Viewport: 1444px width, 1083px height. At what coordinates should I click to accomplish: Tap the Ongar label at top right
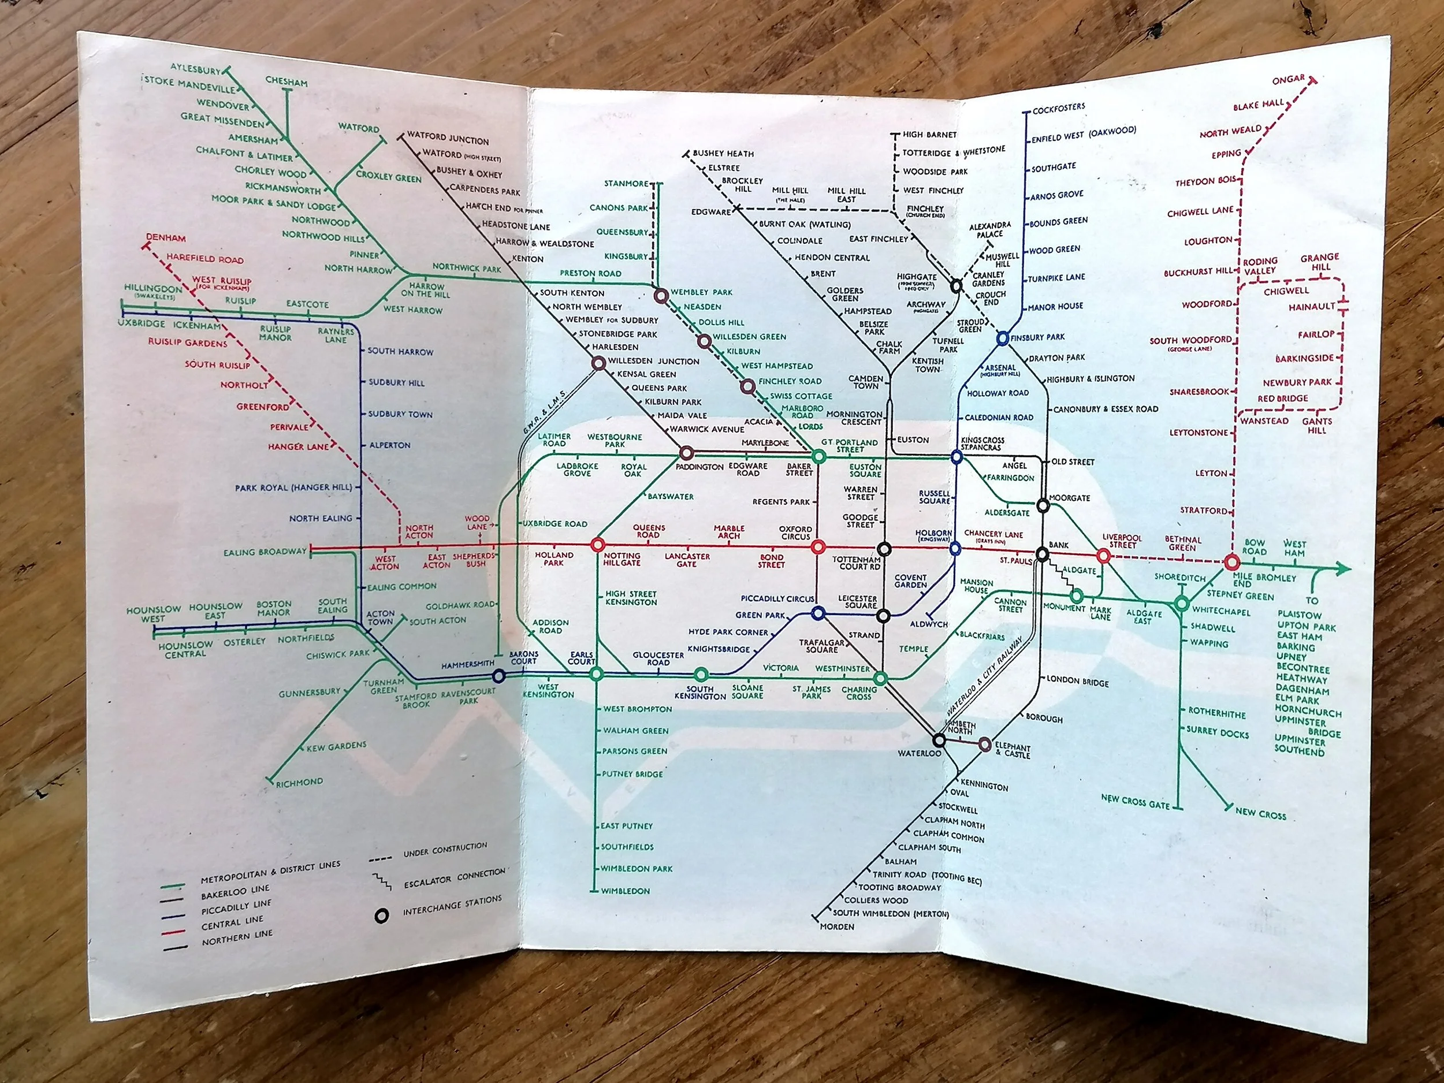(1288, 81)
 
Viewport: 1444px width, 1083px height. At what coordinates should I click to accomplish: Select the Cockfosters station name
(1059, 109)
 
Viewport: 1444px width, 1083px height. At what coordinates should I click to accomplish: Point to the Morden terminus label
(838, 926)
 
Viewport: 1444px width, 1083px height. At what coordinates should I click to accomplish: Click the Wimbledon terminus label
(626, 891)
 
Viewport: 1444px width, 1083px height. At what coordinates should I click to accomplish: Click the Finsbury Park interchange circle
(1003, 338)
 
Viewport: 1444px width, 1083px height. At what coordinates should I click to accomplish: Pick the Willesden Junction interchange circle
(598, 364)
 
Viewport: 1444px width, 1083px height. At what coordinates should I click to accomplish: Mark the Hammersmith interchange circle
(498, 676)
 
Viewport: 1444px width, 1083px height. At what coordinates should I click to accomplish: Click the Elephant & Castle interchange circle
(984, 744)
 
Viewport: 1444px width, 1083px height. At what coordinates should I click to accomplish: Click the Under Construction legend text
(445, 849)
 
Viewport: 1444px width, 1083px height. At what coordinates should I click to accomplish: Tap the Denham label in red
(166, 239)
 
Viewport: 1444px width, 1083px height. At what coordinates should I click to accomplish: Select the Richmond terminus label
(299, 782)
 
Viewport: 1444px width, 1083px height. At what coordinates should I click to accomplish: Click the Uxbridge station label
(142, 325)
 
